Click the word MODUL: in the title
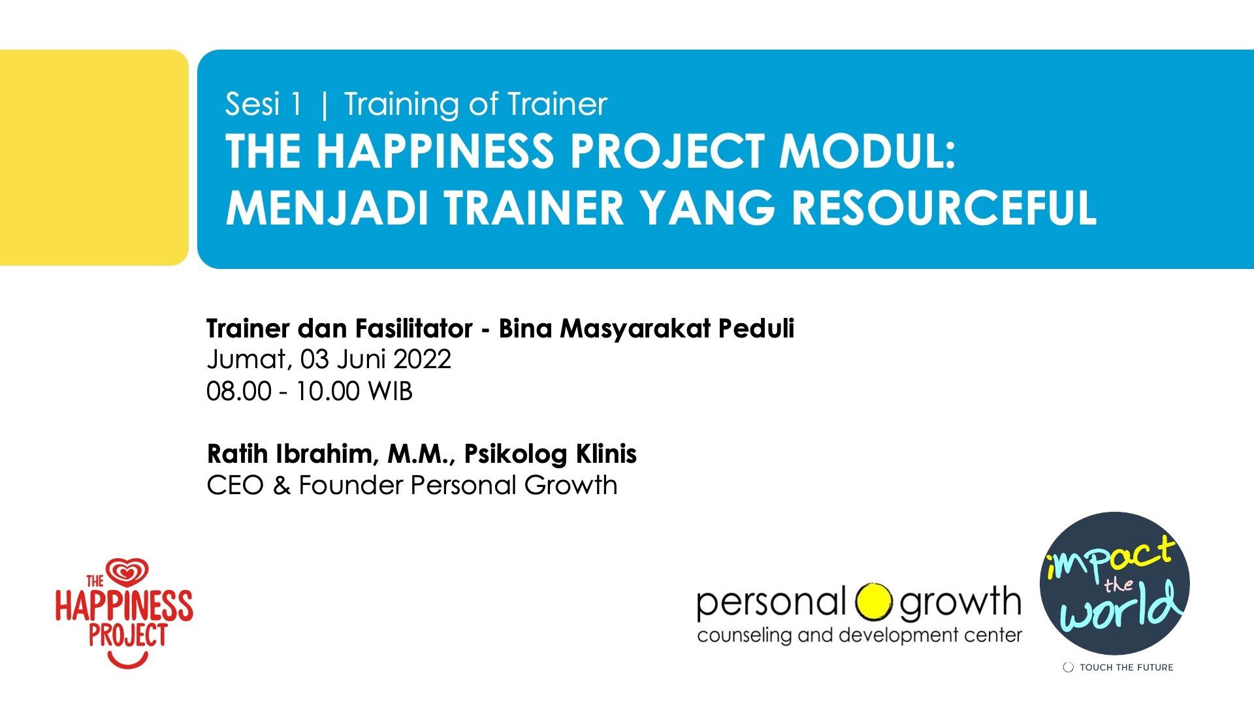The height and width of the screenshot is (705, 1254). tap(867, 151)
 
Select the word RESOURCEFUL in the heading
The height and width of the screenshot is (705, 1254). tap(944, 208)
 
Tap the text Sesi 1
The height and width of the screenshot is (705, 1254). tap(263, 104)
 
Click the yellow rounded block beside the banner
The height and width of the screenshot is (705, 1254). tap(93, 157)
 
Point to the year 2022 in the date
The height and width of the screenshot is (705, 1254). tap(422, 360)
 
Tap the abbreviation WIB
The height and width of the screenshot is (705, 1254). tap(390, 392)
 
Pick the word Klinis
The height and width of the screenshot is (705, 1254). tap(606, 454)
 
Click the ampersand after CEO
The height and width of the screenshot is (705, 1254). tap(281, 486)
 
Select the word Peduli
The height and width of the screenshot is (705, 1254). tap(756, 328)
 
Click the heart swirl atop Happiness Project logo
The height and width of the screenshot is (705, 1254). tap(128, 572)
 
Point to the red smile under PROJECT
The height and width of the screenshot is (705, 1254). tap(128, 661)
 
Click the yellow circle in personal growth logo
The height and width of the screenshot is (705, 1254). tap(873, 602)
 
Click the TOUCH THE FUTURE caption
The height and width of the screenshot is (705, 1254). tap(1126, 667)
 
